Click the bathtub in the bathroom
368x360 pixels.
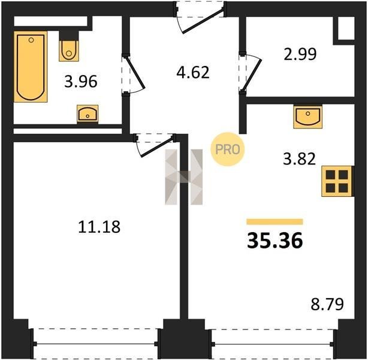click(31, 67)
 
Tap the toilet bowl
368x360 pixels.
click(69, 50)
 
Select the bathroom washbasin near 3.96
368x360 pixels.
click(88, 114)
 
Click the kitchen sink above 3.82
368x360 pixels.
click(307, 117)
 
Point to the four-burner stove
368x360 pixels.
click(337, 181)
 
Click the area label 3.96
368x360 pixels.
click(81, 82)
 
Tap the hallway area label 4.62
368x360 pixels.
click(193, 72)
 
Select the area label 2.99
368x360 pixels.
click(300, 54)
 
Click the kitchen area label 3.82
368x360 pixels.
click(300, 159)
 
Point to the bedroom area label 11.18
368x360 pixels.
click(99, 227)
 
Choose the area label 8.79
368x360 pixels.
click(327, 304)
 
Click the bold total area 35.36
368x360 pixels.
click(275, 241)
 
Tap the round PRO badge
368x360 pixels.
click(228, 149)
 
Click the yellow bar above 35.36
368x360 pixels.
click(275, 222)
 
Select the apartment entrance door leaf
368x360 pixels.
click(203, 20)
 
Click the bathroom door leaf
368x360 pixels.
click(135, 72)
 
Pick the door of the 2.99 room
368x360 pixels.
click(252, 74)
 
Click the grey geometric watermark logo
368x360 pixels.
click(184, 177)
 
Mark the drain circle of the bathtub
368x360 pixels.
click(31, 40)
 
